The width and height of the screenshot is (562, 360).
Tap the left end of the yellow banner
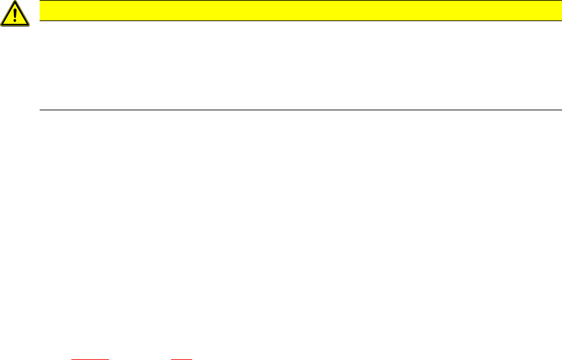42,10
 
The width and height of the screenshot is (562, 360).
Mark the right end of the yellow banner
559,10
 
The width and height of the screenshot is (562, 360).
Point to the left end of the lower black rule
41,110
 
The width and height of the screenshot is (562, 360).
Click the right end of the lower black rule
560,110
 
